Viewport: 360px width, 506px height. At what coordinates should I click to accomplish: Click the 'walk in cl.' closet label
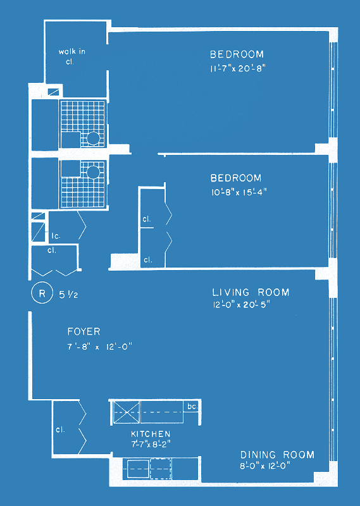(x=71, y=56)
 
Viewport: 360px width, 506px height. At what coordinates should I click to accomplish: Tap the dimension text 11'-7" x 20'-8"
(x=238, y=69)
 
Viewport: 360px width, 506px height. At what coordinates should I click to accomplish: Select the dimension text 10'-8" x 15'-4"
(x=239, y=192)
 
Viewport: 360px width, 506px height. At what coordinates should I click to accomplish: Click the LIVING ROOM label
(x=251, y=292)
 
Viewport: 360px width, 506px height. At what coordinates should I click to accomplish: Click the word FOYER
(x=84, y=331)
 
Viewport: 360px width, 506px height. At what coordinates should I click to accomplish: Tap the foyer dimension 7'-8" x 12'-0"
(x=100, y=347)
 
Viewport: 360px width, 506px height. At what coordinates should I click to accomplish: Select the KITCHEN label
(x=151, y=434)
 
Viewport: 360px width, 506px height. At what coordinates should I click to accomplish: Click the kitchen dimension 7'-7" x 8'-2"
(x=151, y=444)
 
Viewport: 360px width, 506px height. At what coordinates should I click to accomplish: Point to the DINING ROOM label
(x=277, y=455)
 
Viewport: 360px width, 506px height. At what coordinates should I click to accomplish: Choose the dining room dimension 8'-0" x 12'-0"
(x=265, y=466)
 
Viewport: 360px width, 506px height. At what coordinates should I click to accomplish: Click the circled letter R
(x=42, y=293)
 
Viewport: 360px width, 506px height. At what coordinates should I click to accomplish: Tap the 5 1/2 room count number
(x=68, y=294)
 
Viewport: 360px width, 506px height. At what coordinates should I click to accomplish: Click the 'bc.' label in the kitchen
(x=192, y=406)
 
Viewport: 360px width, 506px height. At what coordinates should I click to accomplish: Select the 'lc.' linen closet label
(x=56, y=236)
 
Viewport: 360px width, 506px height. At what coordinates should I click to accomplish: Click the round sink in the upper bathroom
(x=93, y=139)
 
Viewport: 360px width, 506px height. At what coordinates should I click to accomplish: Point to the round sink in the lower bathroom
(x=93, y=172)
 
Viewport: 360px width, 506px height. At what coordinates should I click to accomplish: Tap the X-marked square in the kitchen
(x=127, y=412)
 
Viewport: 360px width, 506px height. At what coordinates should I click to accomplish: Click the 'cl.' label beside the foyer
(x=60, y=429)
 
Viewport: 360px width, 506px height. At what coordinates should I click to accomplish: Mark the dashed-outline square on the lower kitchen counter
(x=161, y=469)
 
